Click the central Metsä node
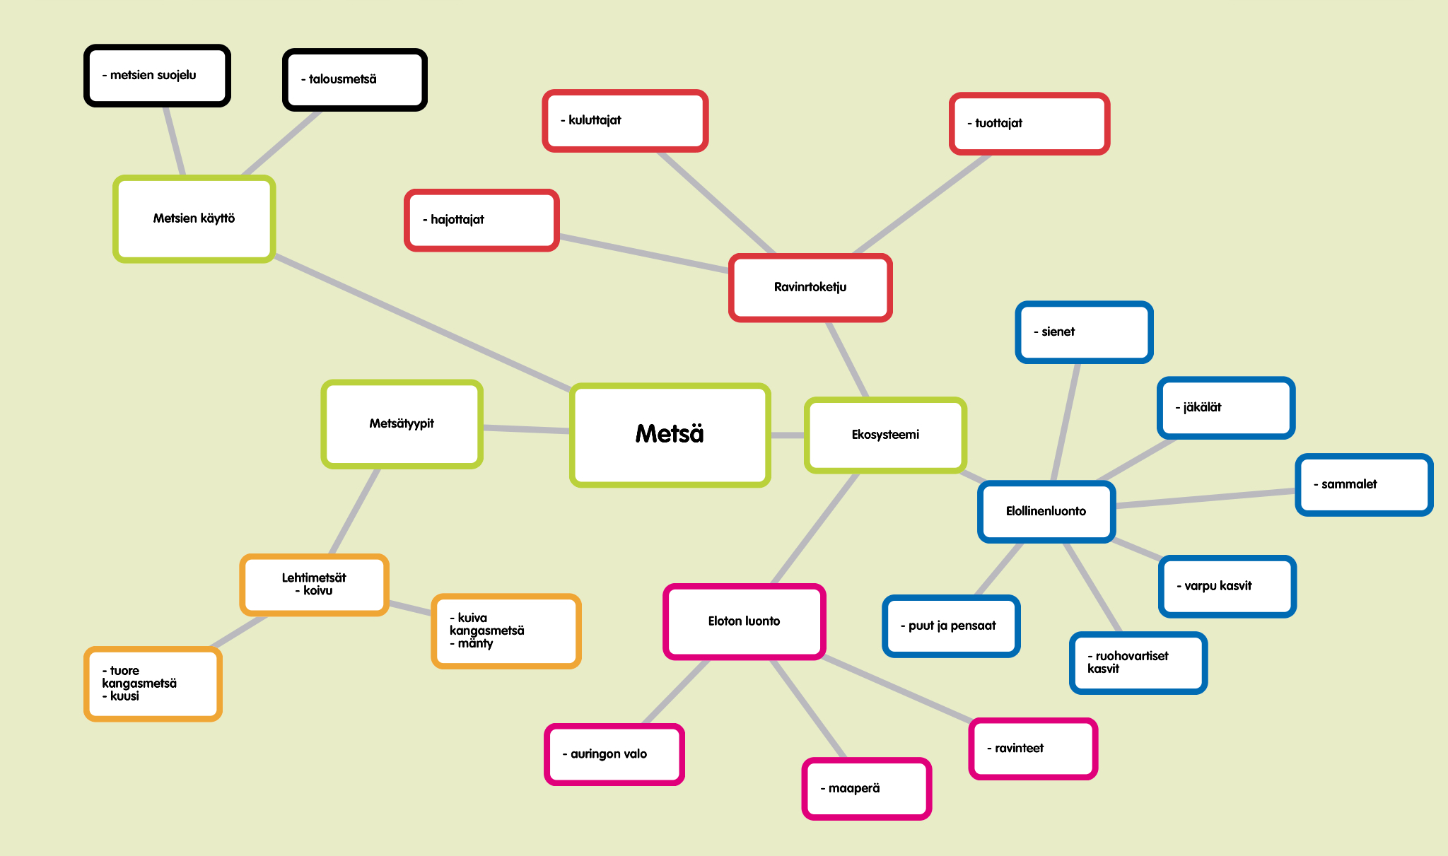[670, 435]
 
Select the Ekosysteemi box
[885, 435]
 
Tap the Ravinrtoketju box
[810, 287]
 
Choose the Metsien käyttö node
[194, 218]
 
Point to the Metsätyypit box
[402, 423]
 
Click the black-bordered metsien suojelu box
[157, 76]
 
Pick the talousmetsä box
[354, 79]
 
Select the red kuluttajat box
[625, 120]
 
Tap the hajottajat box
[481, 220]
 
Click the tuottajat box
[1029, 123]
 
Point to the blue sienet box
[1084, 332]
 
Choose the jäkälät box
[1225, 408]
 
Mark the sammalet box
[1363, 484]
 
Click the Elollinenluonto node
[1046, 511]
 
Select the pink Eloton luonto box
[744, 621]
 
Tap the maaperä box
[866, 788]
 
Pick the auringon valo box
[614, 754]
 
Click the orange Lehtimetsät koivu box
[314, 585]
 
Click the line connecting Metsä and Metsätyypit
[527, 428]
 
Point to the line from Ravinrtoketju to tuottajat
[923, 204]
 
